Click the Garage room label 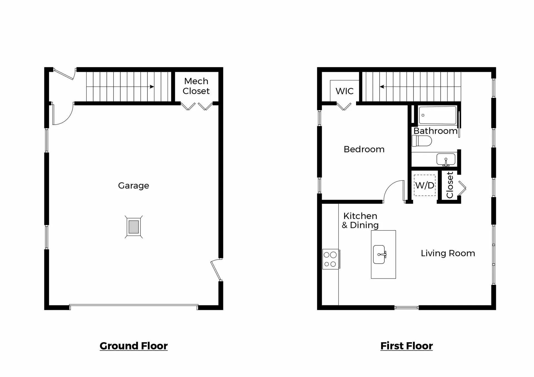[x=133, y=185]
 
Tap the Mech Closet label [x=196, y=86]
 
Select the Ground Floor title [x=133, y=346]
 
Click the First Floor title [x=406, y=346]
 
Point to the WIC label [x=344, y=91]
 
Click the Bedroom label [x=364, y=149]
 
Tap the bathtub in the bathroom [x=437, y=115]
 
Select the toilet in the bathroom [x=422, y=141]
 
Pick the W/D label [x=425, y=185]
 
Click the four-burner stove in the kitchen [x=330, y=259]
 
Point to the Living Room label [x=448, y=253]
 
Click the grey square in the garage [x=134, y=227]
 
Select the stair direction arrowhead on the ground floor [x=152, y=87]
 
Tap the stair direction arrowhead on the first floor [x=382, y=87]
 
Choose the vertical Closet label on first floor [x=450, y=185]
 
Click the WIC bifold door [x=344, y=107]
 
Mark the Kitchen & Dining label [x=360, y=220]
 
